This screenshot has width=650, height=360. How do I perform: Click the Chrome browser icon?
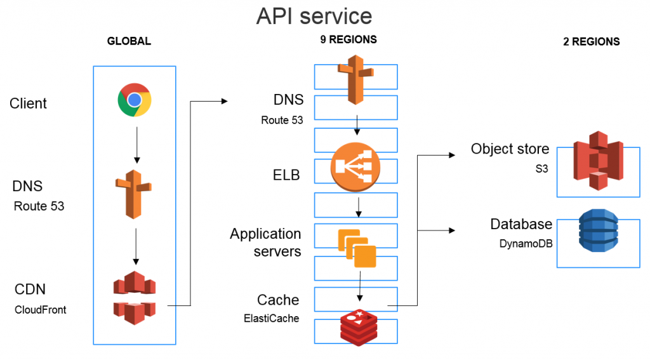point(134,100)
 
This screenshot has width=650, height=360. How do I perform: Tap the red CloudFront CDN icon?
point(134,298)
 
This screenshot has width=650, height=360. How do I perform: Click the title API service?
point(314,16)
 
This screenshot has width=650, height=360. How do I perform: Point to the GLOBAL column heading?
point(129,41)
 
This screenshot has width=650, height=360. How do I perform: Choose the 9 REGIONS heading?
point(348,39)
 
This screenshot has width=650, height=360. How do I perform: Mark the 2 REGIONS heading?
point(591,42)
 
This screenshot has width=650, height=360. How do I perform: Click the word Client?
point(28,103)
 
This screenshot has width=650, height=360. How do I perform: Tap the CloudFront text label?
point(40,310)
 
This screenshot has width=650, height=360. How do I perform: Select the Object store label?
point(510,149)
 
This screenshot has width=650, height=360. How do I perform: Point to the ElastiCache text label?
point(270,318)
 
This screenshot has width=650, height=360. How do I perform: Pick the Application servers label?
point(265,243)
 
